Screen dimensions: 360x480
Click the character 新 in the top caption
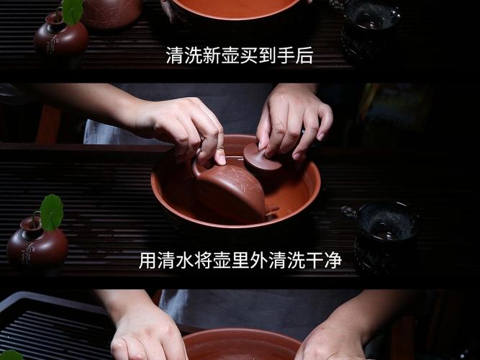212,55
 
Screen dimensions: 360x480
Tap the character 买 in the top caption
249,55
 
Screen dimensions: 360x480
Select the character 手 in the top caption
286,55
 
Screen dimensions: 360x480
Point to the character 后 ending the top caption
304,55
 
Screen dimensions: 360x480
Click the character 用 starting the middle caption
148,261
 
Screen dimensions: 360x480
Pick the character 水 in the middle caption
185,261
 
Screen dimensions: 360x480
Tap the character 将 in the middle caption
204,261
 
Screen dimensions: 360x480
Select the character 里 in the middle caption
240,261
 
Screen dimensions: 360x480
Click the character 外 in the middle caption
259,261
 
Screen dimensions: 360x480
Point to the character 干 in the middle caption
314,261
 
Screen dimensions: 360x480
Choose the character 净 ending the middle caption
332,261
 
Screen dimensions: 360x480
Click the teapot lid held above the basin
263,158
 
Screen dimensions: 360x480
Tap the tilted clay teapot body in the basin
230,191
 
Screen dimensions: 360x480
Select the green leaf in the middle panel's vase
51,212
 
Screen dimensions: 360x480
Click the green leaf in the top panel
72,10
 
